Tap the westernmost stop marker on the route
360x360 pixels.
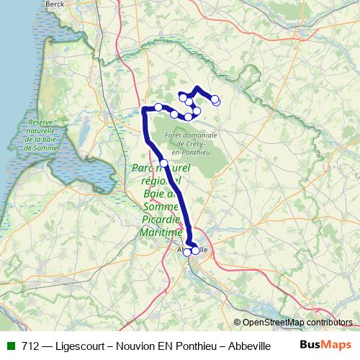(158, 107)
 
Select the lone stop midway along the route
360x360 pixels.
(164, 163)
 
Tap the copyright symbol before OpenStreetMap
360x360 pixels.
(236, 323)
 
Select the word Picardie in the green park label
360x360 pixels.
(158, 220)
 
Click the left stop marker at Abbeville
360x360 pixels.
(187, 252)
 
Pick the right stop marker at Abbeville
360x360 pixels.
(195, 251)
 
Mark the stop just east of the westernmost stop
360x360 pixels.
(174, 114)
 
